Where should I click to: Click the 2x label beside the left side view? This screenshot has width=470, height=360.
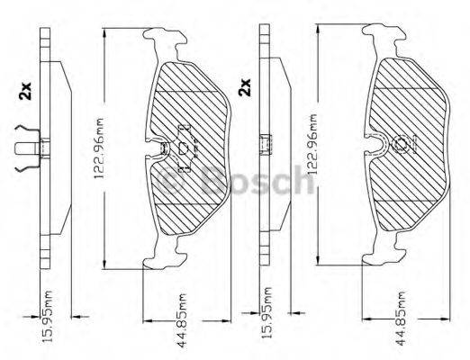click(x=23, y=90)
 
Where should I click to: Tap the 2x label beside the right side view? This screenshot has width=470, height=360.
click(x=244, y=88)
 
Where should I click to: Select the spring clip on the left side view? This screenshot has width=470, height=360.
click(x=30, y=148)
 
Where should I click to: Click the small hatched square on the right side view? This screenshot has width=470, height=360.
click(x=266, y=144)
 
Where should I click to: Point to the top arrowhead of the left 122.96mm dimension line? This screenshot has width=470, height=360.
click(x=106, y=34)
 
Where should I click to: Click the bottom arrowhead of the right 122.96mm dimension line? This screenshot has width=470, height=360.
click(x=321, y=260)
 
